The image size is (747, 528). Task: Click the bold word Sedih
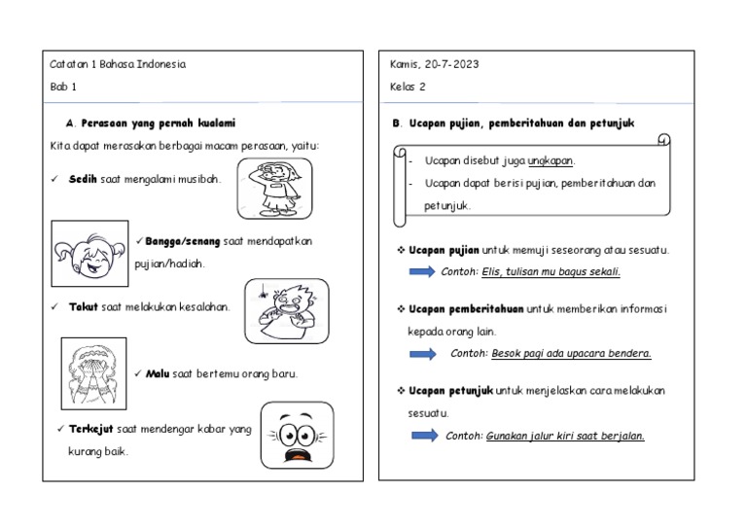click(82, 180)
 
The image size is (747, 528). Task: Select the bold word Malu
click(158, 373)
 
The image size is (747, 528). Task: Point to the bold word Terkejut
click(91, 429)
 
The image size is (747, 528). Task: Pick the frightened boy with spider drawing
click(286, 310)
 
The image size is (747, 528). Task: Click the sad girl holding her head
click(274, 189)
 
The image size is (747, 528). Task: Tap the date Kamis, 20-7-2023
click(434, 65)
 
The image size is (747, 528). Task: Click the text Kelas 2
click(408, 88)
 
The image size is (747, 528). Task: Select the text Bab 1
click(63, 88)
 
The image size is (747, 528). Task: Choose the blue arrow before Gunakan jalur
click(423, 436)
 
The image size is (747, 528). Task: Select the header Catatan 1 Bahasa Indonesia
click(118, 65)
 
